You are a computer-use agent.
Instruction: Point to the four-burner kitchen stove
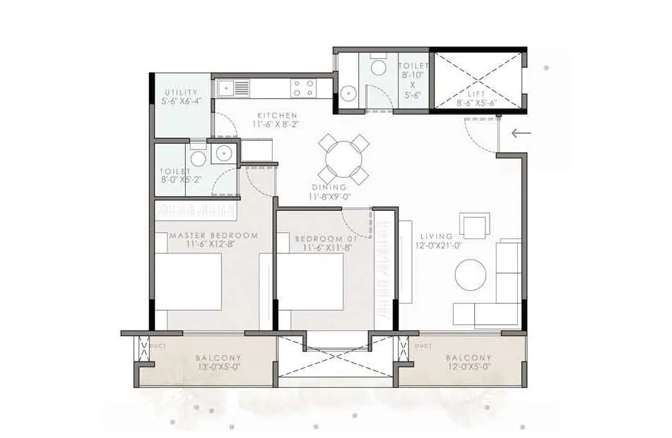[x=304, y=88]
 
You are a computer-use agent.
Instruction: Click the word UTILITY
[x=177, y=93]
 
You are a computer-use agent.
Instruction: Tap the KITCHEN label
[x=277, y=115]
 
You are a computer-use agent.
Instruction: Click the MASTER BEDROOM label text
[x=213, y=235]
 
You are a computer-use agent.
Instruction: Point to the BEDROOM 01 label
[x=326, y=239]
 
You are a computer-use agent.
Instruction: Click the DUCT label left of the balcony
[x=158, y=347]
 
